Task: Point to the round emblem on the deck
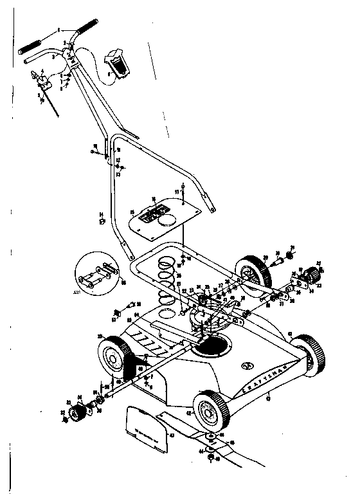coord(247,367)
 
